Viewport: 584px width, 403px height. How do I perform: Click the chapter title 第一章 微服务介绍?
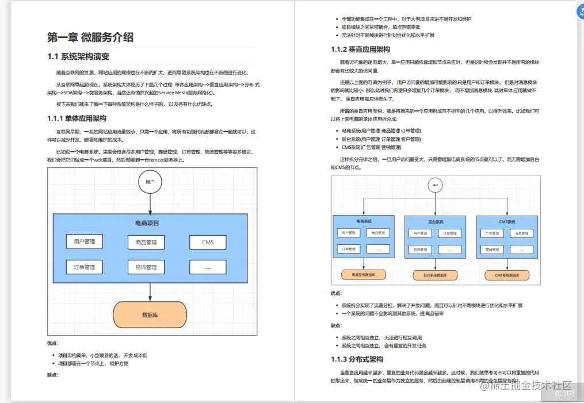90,37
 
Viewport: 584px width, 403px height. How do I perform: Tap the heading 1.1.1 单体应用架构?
77,118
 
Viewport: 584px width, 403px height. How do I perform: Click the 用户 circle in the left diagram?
150,182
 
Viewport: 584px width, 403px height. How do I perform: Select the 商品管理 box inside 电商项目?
146,243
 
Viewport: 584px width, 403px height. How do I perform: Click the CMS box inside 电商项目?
208,243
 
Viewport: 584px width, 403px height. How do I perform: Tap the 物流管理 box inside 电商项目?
146,267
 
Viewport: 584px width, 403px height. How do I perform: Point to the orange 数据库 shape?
150,315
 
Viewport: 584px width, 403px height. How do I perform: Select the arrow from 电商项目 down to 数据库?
150,293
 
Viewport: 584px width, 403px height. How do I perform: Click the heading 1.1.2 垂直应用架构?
361,49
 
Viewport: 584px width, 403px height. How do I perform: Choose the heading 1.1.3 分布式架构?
357,359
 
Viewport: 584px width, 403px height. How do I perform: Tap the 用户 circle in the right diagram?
436,185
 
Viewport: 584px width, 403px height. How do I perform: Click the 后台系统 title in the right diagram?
436,221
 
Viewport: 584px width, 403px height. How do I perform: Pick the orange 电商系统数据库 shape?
364,275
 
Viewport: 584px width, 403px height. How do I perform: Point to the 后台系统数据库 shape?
436,275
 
